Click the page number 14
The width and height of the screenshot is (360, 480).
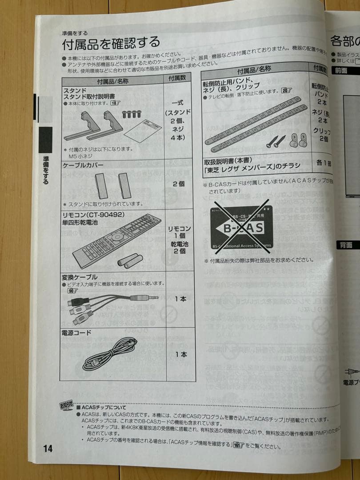click(48, 448)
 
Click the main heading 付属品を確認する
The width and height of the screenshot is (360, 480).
click(111, 44)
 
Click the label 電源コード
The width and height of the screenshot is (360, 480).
click(76, 332)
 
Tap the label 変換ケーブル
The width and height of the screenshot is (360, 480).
click(80, 276)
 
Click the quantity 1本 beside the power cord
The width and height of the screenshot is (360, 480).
click(180, 354)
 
